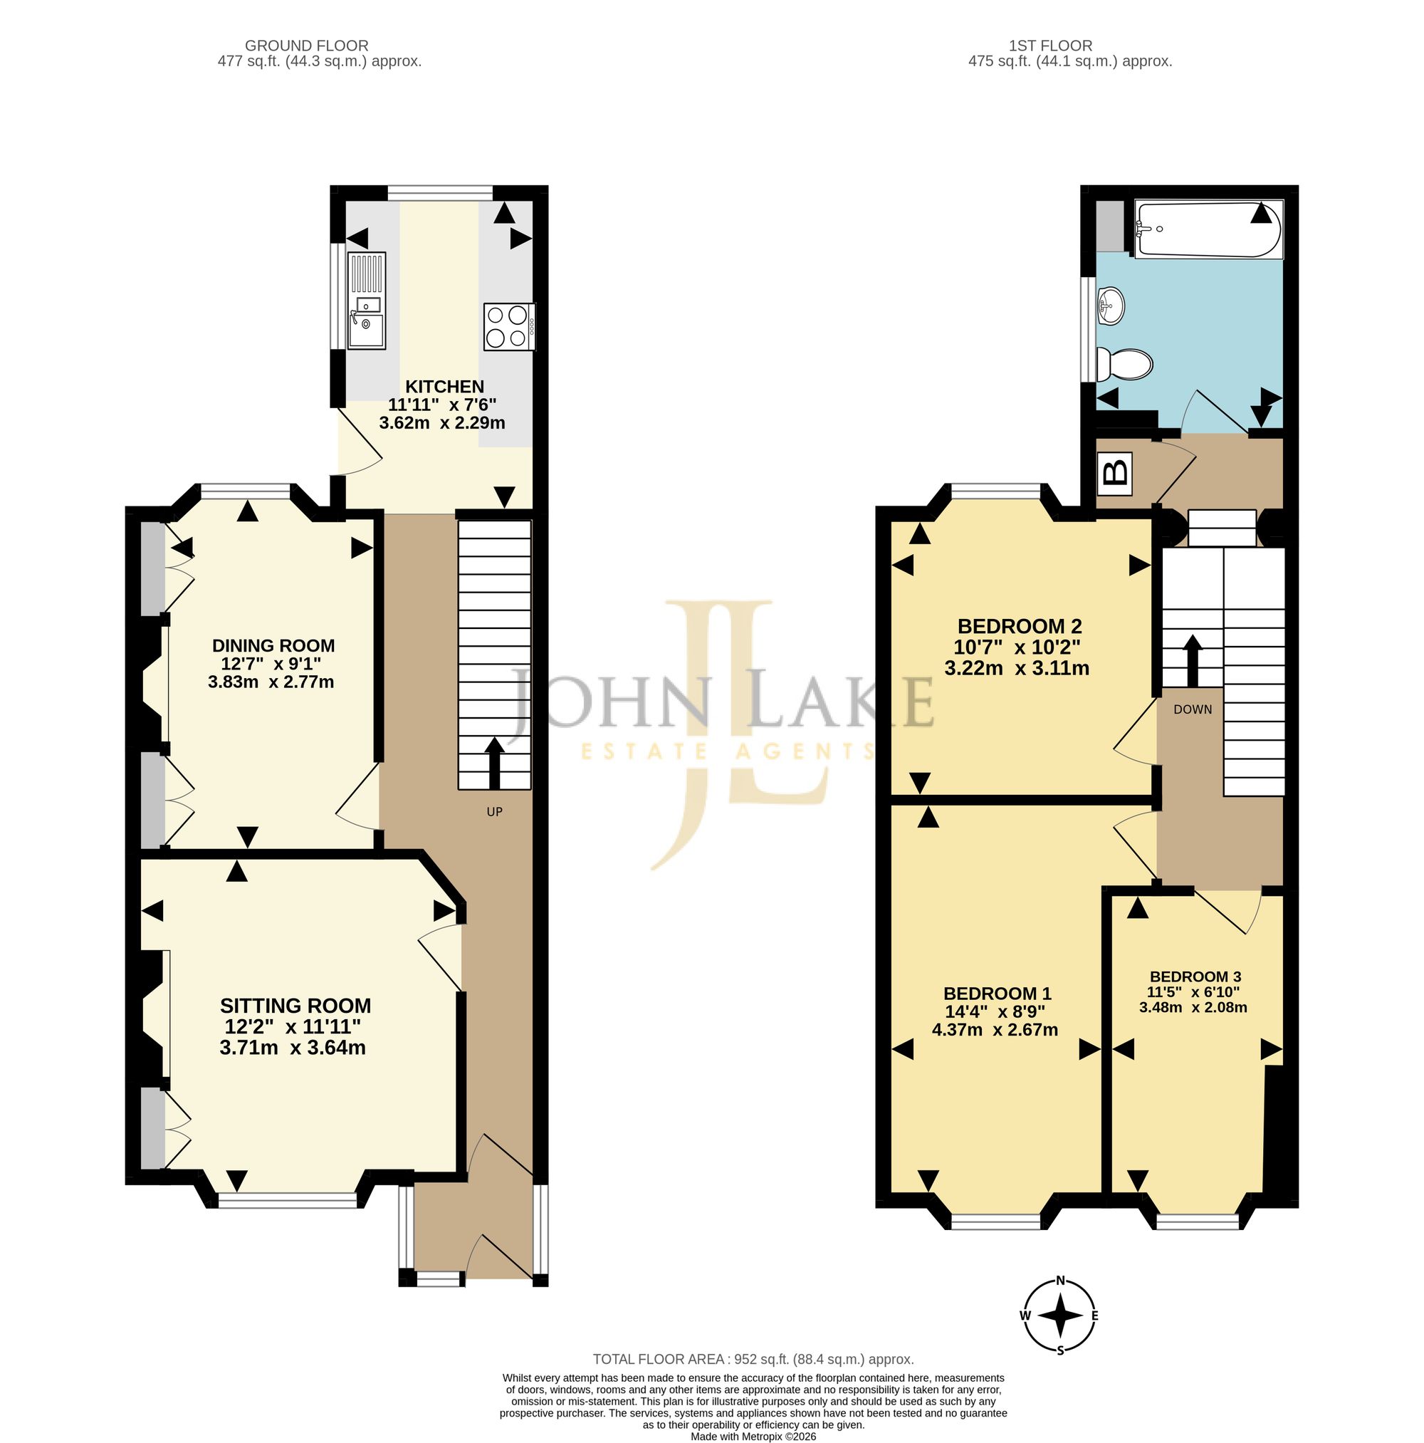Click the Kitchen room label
point(444,386)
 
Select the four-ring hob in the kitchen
point(509,326)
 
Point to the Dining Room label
point(273,645)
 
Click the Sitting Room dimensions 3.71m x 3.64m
point(293,1048)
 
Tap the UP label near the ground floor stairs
point(494,812)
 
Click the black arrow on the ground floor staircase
point(494,764)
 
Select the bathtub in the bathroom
point(1208,229)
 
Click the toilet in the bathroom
point(1124,365)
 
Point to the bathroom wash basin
point(1111,306)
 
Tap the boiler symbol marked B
point(1114,474)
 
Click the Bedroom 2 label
point(1020,626)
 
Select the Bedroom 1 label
point(997,994)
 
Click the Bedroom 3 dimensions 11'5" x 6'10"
point(1193,992)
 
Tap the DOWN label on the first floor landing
point(1193,709)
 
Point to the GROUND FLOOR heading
point(307,46)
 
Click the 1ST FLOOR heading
point(1051,46)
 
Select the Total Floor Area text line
point(753,1380)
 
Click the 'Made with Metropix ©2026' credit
point(753,1437)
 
